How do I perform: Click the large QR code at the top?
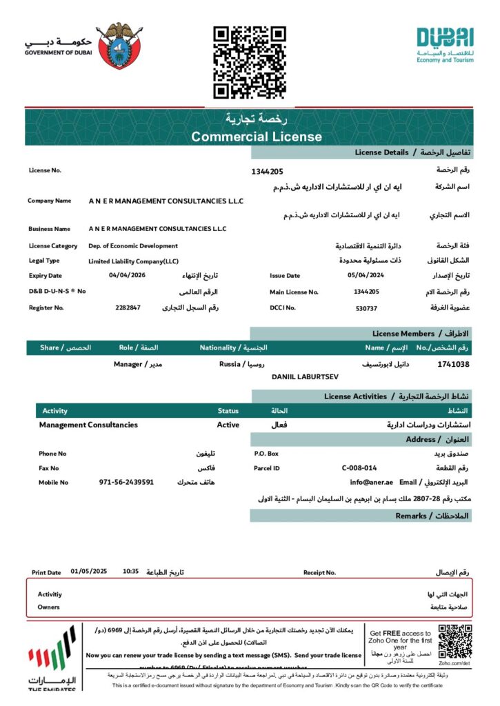249,62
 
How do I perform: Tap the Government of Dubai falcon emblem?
121,46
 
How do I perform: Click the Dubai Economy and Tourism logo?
445,45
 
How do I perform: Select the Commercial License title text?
257,137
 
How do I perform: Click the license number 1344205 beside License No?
267,171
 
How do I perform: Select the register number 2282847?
128,307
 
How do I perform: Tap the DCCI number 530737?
366,308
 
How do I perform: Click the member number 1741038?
453,364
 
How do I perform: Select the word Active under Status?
228,425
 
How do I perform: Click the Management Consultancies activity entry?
88,425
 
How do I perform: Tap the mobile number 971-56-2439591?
126,483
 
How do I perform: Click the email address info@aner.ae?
371,483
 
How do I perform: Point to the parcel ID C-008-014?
359,468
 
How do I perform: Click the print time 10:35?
131,572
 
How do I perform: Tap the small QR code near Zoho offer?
455,641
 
